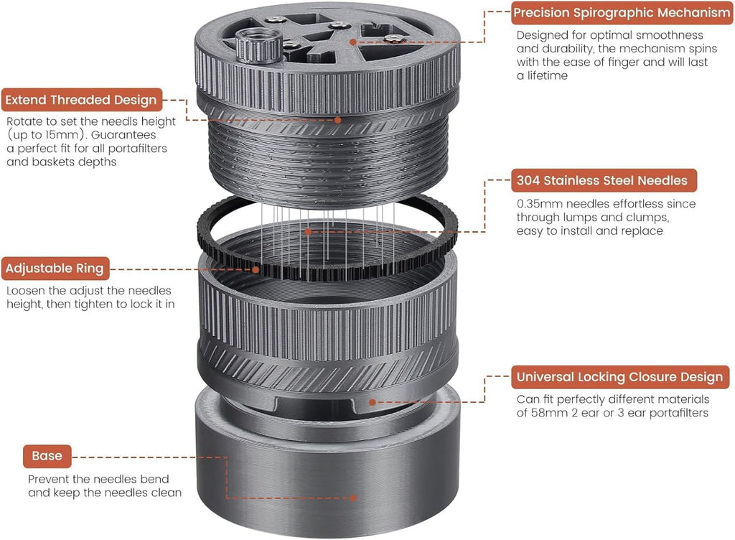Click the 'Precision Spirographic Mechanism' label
click(622, 13)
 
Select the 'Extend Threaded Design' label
click(82, 100)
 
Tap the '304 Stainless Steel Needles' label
click(604, 180)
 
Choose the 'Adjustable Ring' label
click(55, 269)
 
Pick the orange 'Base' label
click(47, 456)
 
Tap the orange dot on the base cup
click(353, 498)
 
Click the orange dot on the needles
click(308, 231)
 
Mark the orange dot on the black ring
click(256, 269)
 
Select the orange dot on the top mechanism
click(353, 42)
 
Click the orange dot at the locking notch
click(373, 402)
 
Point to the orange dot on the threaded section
click(337, 120)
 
